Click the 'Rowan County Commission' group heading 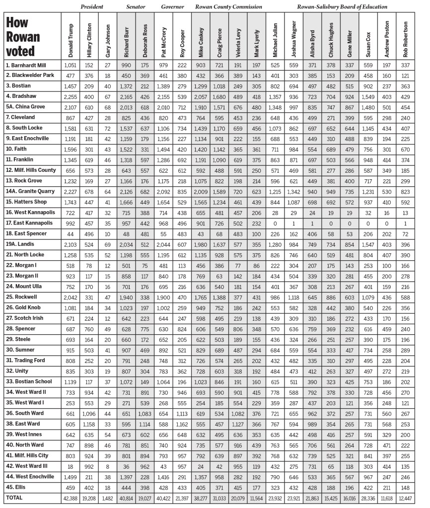coord(228,6)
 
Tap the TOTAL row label coord(14,497)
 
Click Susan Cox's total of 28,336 coord(368,497)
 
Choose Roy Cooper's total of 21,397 coord(182,497)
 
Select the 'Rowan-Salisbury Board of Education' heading coord(342,6)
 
